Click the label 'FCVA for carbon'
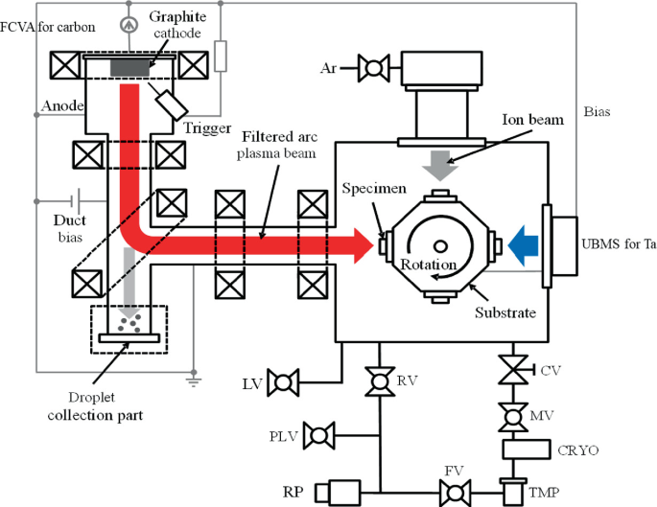tap(48, 27)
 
